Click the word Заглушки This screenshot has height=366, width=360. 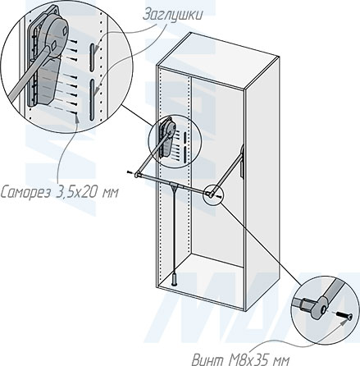(172, 15)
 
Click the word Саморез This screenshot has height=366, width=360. (25, 193)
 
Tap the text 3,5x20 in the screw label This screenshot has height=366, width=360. (77, 193)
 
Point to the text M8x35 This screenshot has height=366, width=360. (250, 359)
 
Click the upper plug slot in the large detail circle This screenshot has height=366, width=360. (93, 57)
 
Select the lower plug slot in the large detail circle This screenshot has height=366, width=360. (93, 100)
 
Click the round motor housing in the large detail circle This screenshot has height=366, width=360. (56, 35)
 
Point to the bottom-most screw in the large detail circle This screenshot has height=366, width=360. (73, 113)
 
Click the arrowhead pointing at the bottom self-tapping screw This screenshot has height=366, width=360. (77, 118)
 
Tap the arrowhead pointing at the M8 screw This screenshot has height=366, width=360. (342, 323)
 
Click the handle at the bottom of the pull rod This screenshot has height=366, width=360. (174, 279)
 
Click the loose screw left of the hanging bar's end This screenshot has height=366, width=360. (130, 172)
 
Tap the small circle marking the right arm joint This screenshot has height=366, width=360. (214, 194)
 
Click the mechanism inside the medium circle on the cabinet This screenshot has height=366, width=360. (166, 138)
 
